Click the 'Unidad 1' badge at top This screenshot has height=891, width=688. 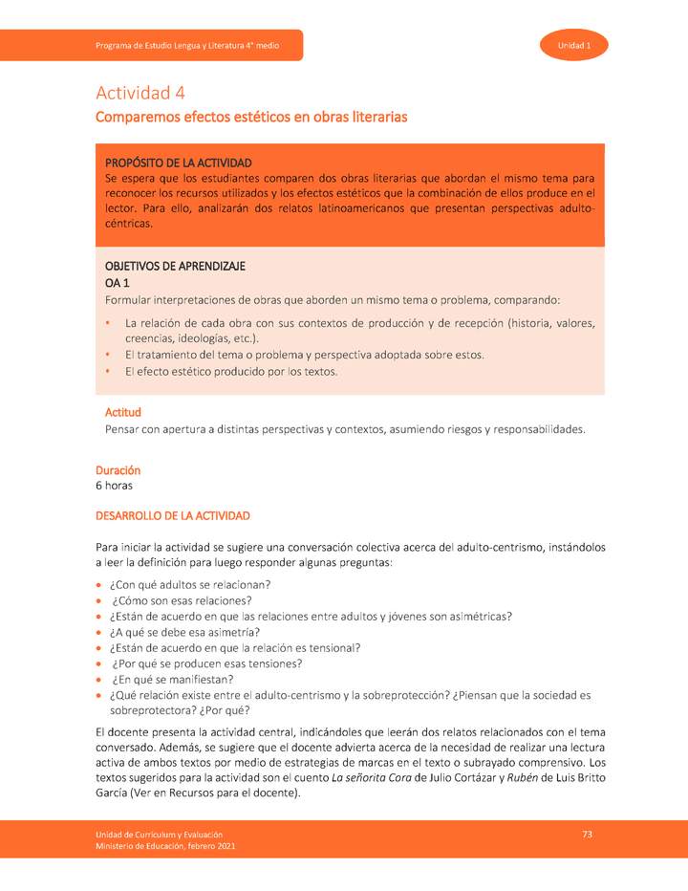point(574,46)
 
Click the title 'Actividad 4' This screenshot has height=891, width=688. point(140,93)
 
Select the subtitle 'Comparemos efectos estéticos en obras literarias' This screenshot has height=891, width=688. point(251,117)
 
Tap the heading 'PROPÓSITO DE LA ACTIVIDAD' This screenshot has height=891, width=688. point(178,163)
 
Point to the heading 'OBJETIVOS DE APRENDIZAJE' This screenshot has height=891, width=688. point(175,267)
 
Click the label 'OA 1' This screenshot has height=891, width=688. point(117,284)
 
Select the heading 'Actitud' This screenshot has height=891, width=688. point(122,412)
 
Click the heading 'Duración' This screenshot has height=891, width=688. point(118,470)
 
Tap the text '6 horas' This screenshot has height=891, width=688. point(114,486)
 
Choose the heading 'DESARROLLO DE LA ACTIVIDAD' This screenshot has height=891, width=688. point(172,516)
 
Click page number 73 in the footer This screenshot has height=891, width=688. point(588,835)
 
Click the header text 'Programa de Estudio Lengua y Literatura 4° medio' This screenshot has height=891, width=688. point(187,46)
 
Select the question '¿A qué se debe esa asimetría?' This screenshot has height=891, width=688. point(184,632)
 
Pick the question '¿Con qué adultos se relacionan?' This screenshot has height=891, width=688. point(190,584)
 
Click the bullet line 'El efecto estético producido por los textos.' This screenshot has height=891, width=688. point(231,372)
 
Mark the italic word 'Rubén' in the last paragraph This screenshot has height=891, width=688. point(519,777)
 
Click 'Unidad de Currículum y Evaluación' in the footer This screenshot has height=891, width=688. point(159,835)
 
